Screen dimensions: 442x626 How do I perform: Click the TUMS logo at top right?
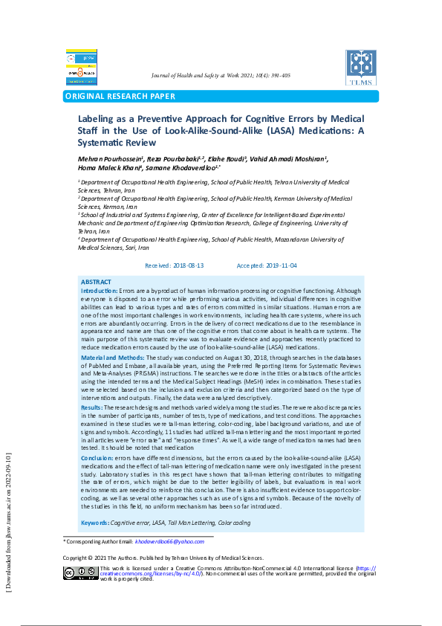coord(361,67)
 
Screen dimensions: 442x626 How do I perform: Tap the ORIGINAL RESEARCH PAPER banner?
coord(121,96)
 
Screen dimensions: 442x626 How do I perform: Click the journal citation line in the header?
coord(221,76)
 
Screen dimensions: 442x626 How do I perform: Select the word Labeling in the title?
coord(99,118)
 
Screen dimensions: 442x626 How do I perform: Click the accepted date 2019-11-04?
coord(282,265)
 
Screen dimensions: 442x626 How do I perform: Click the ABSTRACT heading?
coord(96,283)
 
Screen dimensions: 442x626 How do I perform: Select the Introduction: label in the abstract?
coord(100,290)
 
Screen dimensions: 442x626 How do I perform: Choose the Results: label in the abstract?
coord(91,408)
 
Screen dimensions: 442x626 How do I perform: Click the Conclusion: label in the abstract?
coord(97,459)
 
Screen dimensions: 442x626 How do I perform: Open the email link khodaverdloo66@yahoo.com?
coord(169,542)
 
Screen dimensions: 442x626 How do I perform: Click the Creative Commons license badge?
coord(80,572)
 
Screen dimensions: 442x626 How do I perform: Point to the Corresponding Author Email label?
coord(99,542)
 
